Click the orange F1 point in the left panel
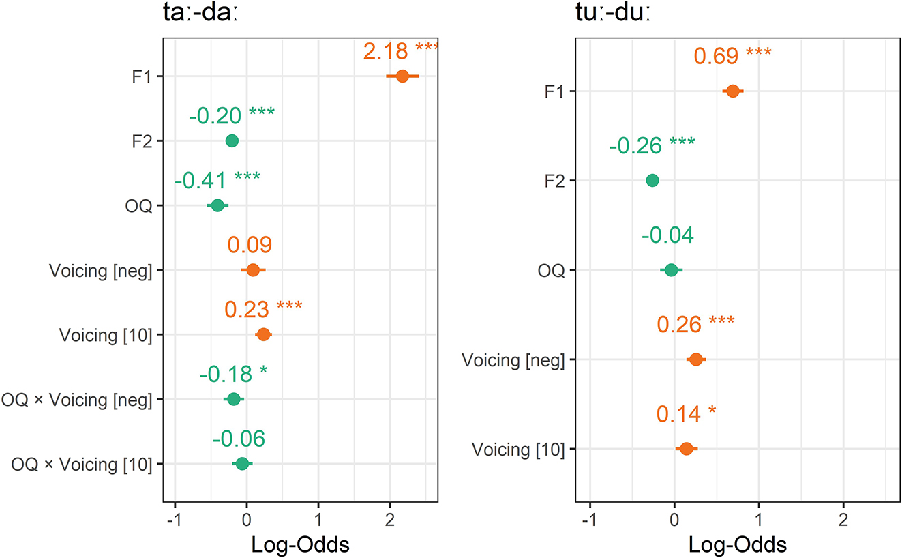point(402,76)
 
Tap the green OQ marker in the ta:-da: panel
point(217,205)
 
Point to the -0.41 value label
point(202,181)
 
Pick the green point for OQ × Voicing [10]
point(242,464)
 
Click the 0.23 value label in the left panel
point(246,309)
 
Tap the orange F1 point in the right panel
point(733,91)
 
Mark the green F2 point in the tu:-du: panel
point(652,180)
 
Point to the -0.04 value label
point(667,235)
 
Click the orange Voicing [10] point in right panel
point(687,449)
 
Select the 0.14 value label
point(679,414)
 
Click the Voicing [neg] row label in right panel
point(513,360)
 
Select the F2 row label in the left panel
point(144,141)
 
